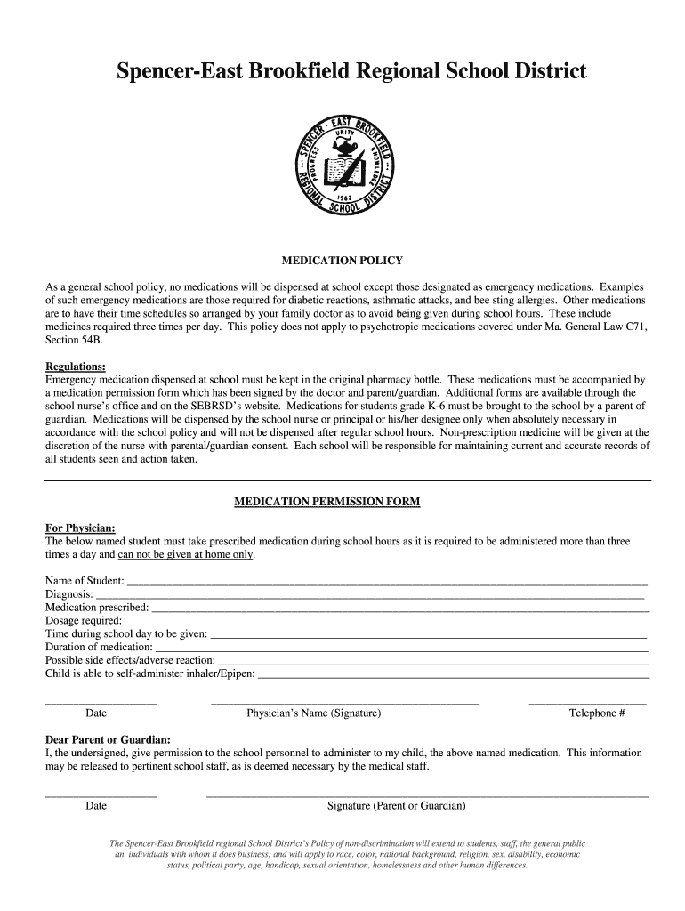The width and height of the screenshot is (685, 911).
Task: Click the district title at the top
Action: tap(351, 71)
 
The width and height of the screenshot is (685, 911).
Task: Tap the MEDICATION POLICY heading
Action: tap(342, 261)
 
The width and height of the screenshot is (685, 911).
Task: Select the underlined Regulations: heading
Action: tap(76, 367)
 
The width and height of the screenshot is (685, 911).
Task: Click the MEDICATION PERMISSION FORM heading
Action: tap(326, 502)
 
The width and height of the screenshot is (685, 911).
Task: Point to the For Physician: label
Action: tap(80, 528)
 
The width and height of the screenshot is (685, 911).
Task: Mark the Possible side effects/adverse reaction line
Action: tap(433, 662)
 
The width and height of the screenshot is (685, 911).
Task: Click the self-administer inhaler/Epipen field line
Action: tap(453, 675)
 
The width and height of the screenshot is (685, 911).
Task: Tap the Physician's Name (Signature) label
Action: tap(313, 713)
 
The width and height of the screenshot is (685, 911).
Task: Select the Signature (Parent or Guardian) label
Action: tap(396, 806)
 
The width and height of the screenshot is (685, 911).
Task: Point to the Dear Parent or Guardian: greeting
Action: tap(109, 739)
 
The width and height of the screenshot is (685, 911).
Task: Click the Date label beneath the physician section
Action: tap(96, 713)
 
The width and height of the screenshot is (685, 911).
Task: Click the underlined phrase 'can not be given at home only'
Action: tap(186, 554)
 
